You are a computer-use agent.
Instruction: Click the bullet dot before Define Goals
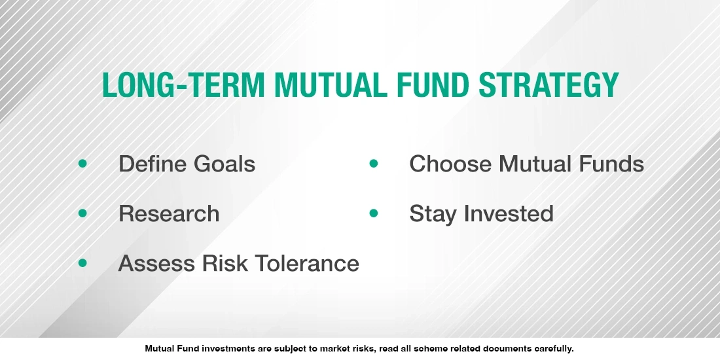(x=82, y=163)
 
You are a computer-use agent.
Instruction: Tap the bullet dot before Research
(x=82, y=213)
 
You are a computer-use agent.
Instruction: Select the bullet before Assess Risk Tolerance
(x=82, y=263)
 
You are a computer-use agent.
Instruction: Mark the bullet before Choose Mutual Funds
(x=374, y=163)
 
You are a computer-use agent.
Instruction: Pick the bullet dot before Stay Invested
(x=374, y=213)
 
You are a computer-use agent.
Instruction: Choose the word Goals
(x=226, y=164)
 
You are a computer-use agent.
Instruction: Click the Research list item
(x=169, y=213)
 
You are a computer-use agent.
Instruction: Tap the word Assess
(x=156, y=263)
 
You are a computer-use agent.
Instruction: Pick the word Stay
(x=433, y=214)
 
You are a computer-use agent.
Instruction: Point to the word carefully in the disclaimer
(x=551, y=349)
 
